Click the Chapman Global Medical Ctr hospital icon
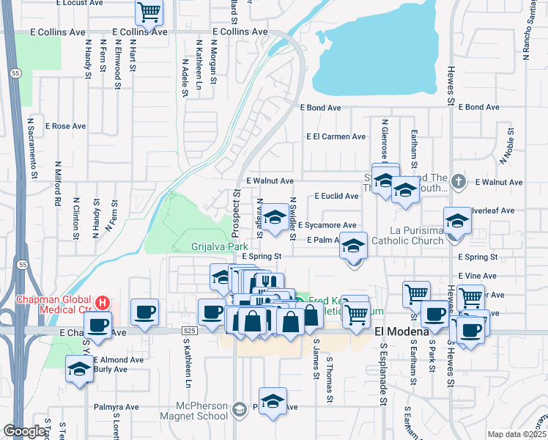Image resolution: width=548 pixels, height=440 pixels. coord(103,302)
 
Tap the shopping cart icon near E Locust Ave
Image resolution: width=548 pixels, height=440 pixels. coord(149,12)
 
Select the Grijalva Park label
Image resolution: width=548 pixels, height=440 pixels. coord(215,246)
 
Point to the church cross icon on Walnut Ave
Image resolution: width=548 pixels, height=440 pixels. coord(459,180)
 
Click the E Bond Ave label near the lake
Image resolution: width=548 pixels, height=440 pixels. coord(321,107)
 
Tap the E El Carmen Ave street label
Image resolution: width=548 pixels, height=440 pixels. coord(336,136)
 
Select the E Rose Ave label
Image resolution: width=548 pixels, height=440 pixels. coord(66,126)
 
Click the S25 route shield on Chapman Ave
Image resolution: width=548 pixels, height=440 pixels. coord(189,331)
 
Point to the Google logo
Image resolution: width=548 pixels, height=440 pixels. coord(24,431)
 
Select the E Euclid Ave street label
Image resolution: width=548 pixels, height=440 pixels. coord(336,196)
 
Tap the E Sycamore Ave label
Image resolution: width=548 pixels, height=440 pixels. coord(327,225)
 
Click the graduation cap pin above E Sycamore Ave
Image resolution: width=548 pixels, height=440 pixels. coord(275,217)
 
